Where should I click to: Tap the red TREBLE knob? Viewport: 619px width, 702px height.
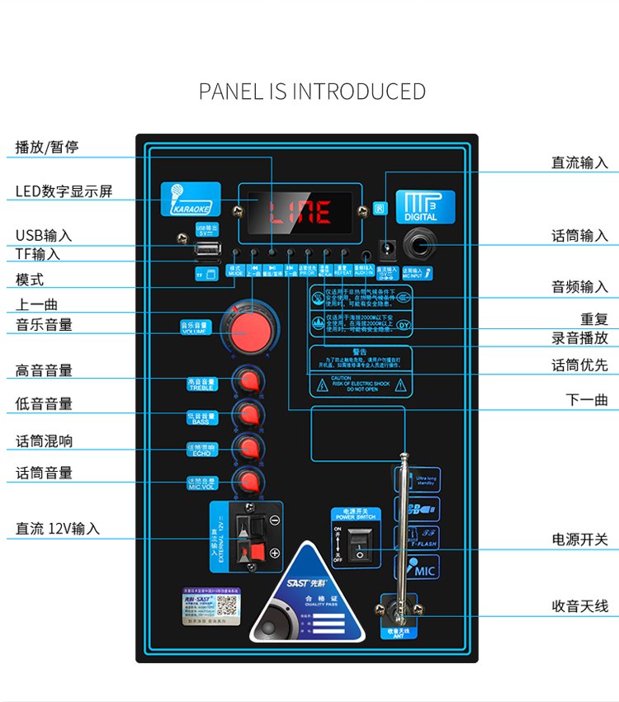click(248, 380)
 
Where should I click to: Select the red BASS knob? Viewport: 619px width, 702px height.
click(248, 413)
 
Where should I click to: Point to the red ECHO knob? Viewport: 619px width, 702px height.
click(248, 447)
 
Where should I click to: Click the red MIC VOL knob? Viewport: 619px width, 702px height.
click(248, 481)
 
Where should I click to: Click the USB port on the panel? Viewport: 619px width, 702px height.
click(207, 248)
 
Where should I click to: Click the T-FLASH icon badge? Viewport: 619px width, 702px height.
click(419, 538)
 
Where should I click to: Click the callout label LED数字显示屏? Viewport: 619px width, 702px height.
click(64, 192)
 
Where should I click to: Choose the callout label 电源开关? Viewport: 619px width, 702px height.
click(579, 539)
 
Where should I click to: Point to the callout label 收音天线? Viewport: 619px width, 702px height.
click(579, 606)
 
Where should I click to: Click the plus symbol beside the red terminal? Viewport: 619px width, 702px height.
click(275, 554)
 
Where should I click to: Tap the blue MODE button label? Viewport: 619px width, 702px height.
click(235, 271)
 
